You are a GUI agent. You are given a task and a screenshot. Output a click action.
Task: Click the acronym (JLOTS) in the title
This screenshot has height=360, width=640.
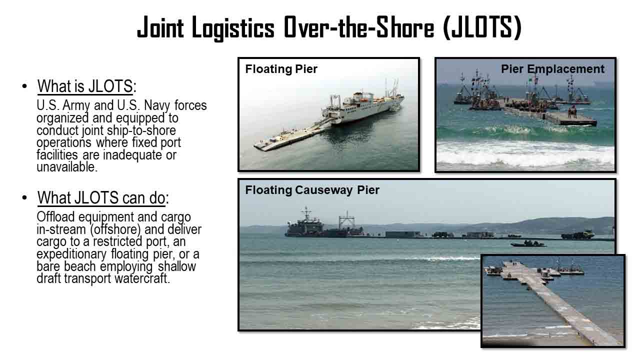(x=482, y=27)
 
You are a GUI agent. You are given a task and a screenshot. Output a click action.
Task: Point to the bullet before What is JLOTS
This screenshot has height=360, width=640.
(x=24, y=86)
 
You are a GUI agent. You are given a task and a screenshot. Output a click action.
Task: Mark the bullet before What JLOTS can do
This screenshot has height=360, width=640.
(x=24, y=197)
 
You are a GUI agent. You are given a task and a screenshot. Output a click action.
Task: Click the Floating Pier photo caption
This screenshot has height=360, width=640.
(x=281, y=69)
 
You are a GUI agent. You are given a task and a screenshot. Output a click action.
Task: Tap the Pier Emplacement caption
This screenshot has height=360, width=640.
(x=552, y=69)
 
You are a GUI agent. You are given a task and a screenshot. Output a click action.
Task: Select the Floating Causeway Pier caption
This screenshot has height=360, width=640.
(x=312, y=190)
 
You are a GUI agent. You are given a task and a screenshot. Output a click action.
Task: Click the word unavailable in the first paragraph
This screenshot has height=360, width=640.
(x=67, y=167)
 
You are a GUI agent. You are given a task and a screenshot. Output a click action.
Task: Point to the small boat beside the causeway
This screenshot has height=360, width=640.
(x=528, y=243)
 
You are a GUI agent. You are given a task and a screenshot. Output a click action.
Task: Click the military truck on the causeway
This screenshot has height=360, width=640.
(x=577, y=235)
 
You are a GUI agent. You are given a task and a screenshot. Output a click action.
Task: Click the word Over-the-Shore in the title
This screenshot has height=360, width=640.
(x=359, y=27)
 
